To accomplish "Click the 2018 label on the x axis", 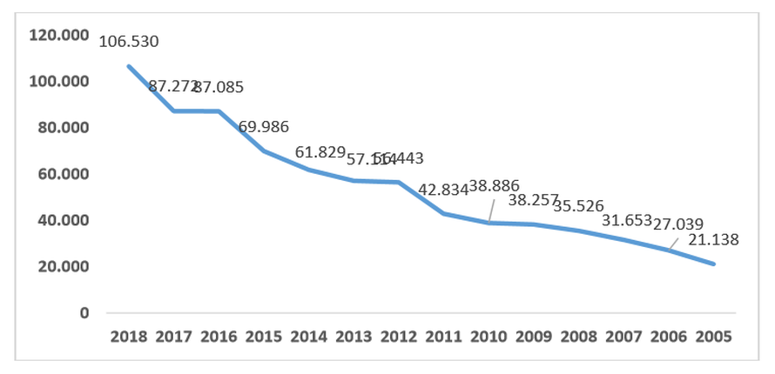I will click(128, 336).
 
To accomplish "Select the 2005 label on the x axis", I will click(714, 336).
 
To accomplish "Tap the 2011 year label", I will click(444, 336).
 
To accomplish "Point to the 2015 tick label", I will click(263, 336).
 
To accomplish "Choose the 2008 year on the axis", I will click(579, 336).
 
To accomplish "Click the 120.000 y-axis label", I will click(59, 35).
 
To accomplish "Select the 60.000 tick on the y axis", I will click(63, 174).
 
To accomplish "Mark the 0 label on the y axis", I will click(84, 312).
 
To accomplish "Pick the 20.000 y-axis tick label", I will click(63, 266).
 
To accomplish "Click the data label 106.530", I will click(129, 41).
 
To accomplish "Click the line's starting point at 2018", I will click(128, 66).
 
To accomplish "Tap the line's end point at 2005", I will click(714, 264).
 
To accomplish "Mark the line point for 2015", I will click(263, 150).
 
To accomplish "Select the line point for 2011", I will click(444, 213).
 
